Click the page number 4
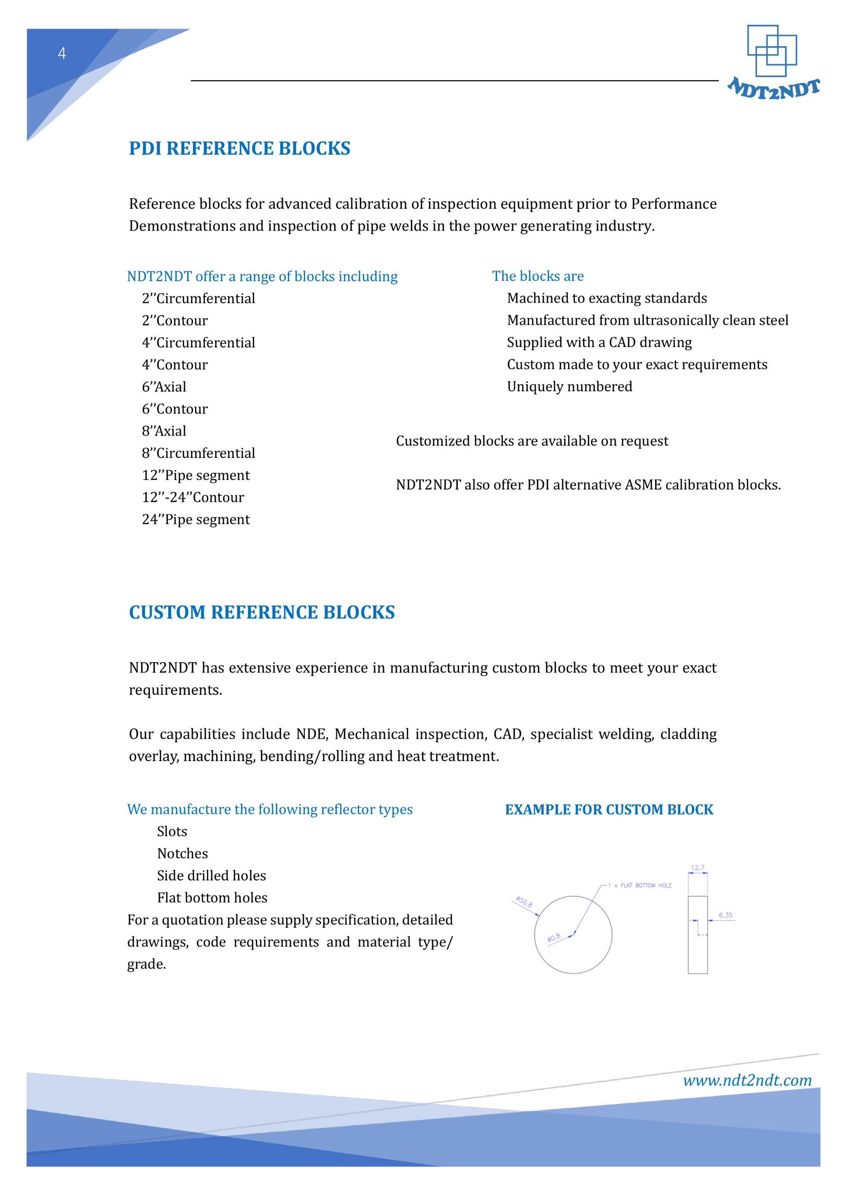tap(62, 54)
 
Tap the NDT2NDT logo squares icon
tap(771, 50)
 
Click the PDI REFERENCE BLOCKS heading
tap(239, 148)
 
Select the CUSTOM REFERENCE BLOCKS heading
tap(262, 613)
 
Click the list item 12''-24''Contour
tap(193, 498)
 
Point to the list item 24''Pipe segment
tap(196, 520)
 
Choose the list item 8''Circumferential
tap(198, 453)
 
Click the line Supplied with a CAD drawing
tap(599, 343)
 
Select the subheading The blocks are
tap(538, 276)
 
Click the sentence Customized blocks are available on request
tap(532, 441)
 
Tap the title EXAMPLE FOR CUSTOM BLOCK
tap(609, 810)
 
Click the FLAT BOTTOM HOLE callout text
tap(645, 886)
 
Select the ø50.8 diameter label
tap(524, 902)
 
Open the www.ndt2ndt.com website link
tap(747, 1081)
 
